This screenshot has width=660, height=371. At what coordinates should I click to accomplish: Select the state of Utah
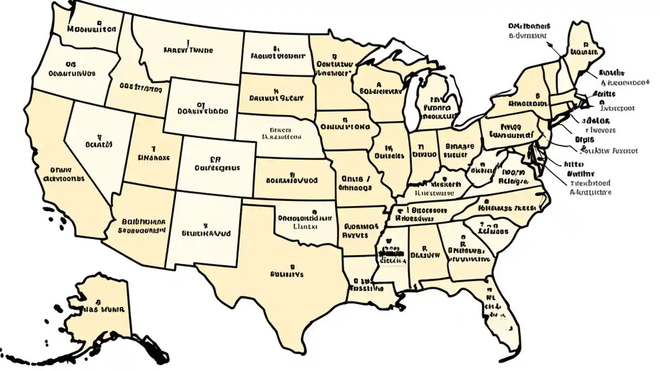point(152,155)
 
